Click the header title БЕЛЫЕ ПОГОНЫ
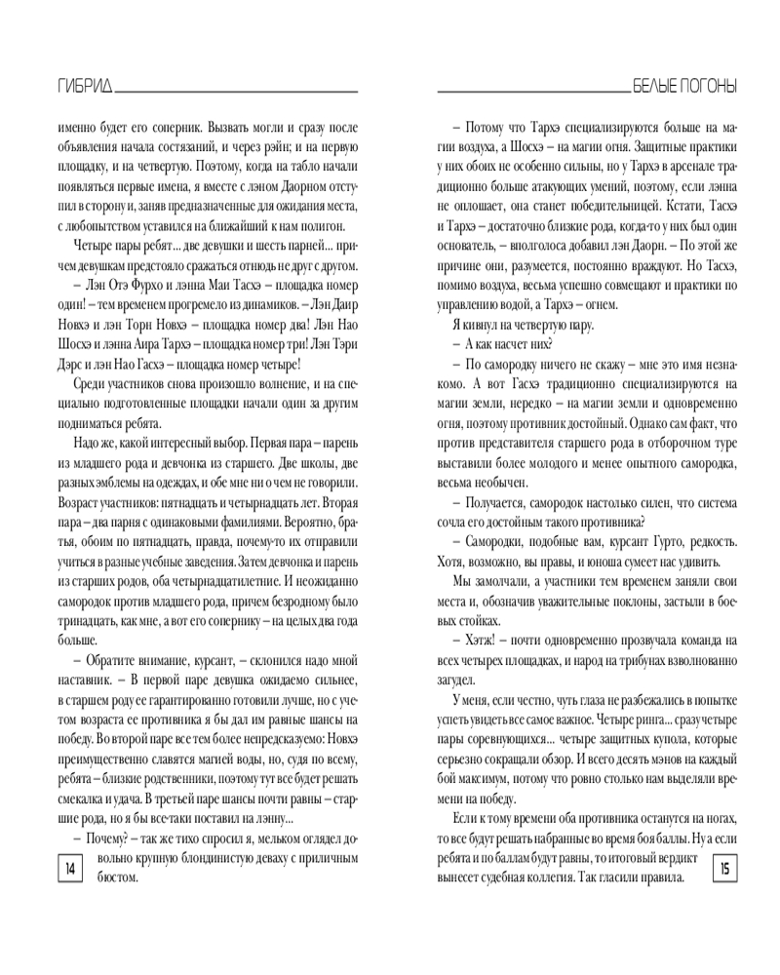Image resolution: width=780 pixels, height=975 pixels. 685,86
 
